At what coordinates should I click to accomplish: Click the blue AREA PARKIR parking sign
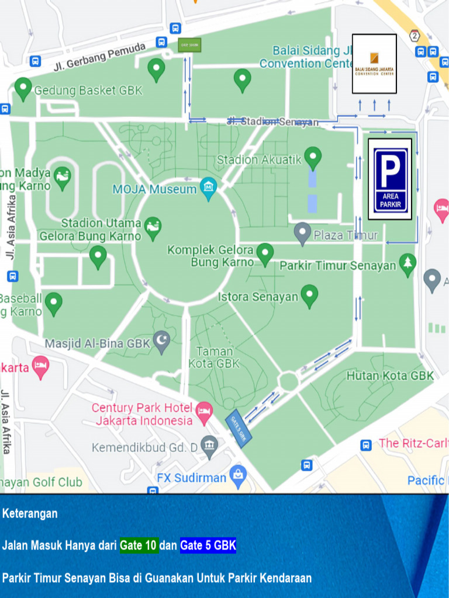click(390, 179)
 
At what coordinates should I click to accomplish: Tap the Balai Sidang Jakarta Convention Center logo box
click(374, 64)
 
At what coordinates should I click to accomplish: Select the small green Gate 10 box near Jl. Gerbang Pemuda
click(189, 45)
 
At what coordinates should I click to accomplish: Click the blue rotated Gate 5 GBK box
click(239, 429)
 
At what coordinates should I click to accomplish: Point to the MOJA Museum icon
click(208, 188)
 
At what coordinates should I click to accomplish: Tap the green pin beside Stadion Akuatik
click(313, 158)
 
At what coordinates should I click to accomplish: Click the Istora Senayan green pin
click(309, 295)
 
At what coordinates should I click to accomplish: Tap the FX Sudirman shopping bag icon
click(238, 477)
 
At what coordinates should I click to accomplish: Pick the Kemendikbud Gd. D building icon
click(209, 447)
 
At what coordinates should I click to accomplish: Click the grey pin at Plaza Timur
click(302, 234)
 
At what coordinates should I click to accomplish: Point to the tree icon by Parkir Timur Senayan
click(407, 264)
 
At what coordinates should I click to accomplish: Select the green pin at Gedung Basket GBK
click(23, 89)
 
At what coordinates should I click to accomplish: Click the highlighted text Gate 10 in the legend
click(139, 546)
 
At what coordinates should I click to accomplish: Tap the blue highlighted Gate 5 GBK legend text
click(208, 546)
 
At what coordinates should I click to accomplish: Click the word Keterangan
click(30, 514)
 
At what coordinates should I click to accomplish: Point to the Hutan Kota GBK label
click(390, 376)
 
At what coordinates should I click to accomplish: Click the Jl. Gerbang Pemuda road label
click(99, 57)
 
